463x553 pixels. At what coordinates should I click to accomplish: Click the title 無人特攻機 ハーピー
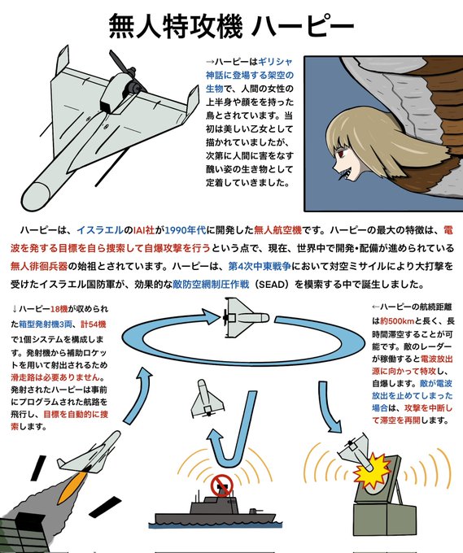point(231,26)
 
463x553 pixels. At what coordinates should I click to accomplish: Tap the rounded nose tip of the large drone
point(35,197)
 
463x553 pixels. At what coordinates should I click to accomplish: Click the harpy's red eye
point(342,154)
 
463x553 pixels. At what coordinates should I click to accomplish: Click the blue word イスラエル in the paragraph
point(100,231)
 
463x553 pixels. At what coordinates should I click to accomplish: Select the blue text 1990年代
point(186,231)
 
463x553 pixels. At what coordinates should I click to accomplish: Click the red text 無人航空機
point(277,231)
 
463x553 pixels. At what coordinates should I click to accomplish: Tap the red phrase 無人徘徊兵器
point(39,266)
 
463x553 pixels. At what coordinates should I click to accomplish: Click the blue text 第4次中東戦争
point(260,266)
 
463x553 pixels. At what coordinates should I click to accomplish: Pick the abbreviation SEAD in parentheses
point(273,285)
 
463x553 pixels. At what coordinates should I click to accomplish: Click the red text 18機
point(59,309)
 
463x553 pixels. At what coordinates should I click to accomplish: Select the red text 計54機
point(93,324)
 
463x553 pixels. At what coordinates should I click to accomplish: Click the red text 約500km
point(397,321)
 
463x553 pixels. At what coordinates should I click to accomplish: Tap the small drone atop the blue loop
point(245,318)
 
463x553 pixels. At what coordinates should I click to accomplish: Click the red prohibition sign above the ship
point(221,486)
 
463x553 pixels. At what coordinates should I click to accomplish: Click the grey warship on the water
point(212,510)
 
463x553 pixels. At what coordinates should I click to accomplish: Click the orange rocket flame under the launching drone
point(75,484)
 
